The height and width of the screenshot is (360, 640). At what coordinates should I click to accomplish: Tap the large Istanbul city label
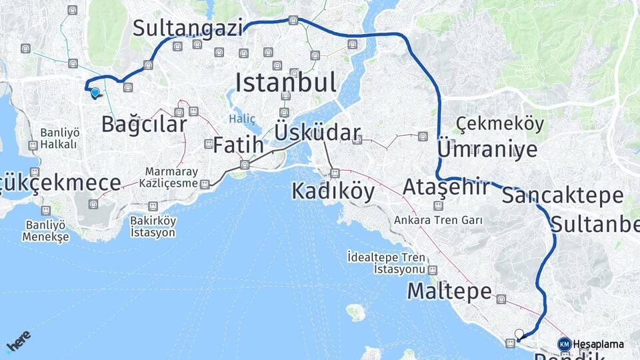pos(285,83)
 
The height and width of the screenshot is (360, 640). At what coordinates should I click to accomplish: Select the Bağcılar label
pos(144,124)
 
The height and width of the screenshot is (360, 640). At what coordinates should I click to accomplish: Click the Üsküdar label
pos(317,133)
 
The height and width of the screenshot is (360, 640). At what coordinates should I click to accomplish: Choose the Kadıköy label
pos(333,192)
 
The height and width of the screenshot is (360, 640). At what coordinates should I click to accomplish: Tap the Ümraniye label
pos(487,149)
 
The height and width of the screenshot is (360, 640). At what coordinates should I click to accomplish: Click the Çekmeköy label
pos(500,124)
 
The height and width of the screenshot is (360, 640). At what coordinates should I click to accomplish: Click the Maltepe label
pos(449,291)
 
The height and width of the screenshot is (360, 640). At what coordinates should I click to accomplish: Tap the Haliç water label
pos(242,119)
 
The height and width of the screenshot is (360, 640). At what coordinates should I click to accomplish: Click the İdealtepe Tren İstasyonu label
pos(386,263)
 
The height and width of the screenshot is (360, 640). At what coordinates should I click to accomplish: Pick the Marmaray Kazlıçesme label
pos(171,177)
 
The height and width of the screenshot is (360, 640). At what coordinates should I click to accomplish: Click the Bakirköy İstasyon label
pos(153,227)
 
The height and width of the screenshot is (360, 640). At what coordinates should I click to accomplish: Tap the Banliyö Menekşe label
pos(45,231)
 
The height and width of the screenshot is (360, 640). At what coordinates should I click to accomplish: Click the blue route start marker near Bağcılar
pos(95,93)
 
